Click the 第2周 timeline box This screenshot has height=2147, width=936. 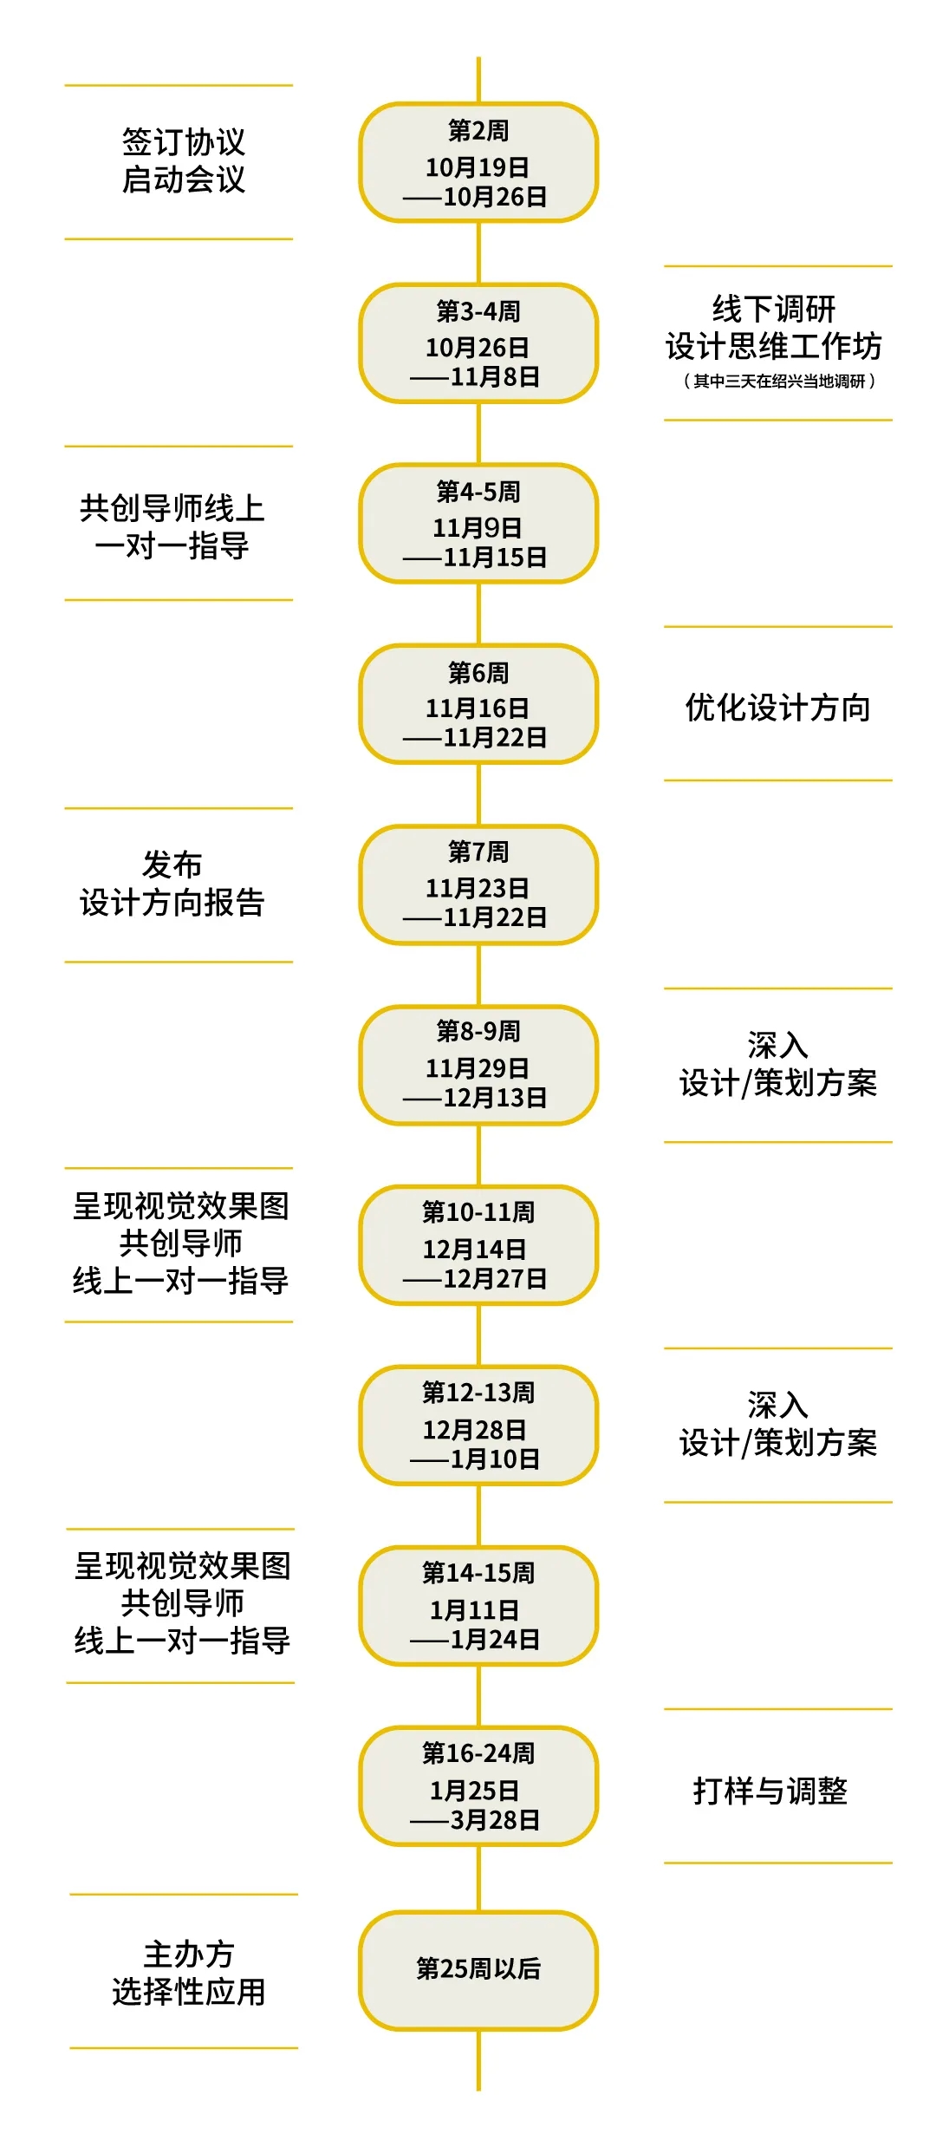point(478,163)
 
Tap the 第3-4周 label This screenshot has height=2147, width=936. point(478,310)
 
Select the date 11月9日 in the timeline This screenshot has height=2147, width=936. point(478,527)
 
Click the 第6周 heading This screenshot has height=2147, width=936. point(478,672)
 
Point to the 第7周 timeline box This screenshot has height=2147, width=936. point(478,884)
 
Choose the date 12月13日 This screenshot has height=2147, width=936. point(494,1098)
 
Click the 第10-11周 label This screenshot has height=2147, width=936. point(478,1211)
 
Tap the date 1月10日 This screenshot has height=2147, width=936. point(494,1459)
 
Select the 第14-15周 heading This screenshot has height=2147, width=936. point(478,1572)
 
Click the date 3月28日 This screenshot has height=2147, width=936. point(494,1819)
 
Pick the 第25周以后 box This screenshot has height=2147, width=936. point(478,1969)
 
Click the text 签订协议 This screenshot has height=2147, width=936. point(183,141)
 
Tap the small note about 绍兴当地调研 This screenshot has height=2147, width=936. point(778,381)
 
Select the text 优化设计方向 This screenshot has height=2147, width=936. point(777,708)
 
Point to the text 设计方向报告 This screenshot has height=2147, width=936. point(172,903)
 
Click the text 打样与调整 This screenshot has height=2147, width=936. point(770,1790)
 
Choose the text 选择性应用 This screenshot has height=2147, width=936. point(188,1992)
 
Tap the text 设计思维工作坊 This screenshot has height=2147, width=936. point(773,346)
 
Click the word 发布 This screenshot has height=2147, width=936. point(172,865)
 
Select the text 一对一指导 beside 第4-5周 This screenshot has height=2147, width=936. point(172,545)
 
